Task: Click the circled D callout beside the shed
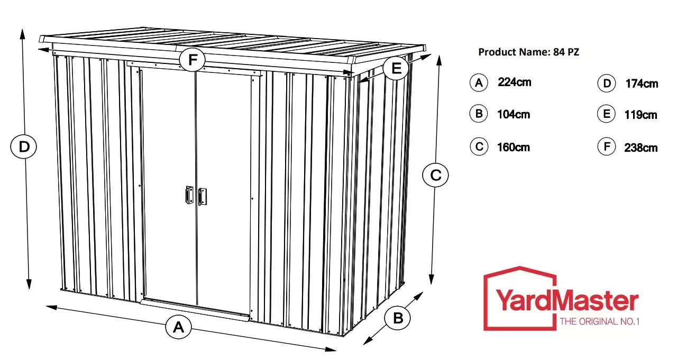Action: click(24, 147)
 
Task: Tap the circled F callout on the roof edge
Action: click(192, 59)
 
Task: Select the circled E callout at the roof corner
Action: click(396, 68)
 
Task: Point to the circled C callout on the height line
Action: click(435, 175)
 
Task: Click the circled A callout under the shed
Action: click(179, 327)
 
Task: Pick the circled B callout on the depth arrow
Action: click(398, 318)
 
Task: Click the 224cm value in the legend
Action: click(515, 82)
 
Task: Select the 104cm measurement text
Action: click(514, 115)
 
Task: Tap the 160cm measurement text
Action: click(514, 147)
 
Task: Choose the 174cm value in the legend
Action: click(642, 84)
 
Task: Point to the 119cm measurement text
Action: click(641, 115)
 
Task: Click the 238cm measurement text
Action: click(641, 147)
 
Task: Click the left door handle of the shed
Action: click(189, 195)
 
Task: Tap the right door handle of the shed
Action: click(203, 197)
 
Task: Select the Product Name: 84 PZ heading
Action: click(528, 52)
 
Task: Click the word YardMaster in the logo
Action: click(567, 300)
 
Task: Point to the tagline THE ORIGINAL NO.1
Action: click(600, 321)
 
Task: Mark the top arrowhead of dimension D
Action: click(22, 34)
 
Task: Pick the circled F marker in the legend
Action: click(606, 146)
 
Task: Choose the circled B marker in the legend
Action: click(479, 114)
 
